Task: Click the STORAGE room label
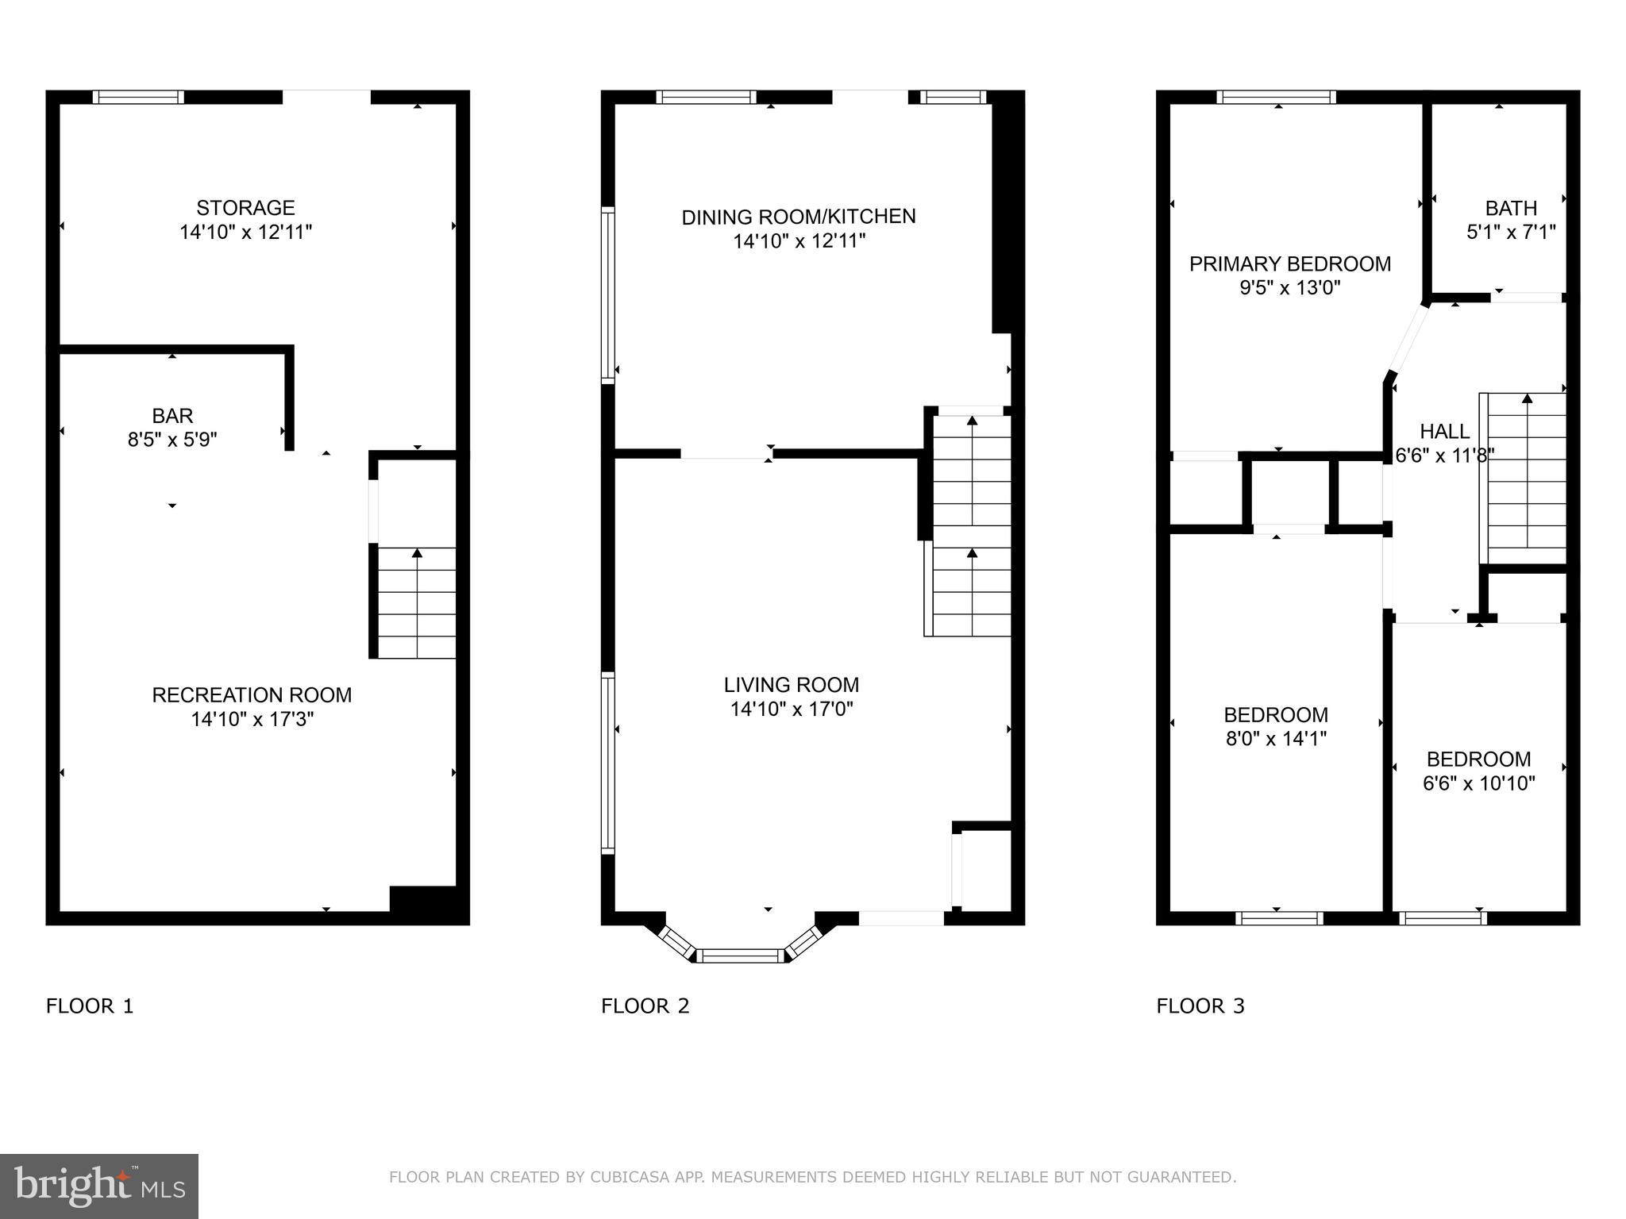[x=245, y=208]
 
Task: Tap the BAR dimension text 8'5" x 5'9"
[x=172, y=440]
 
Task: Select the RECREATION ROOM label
[x=252, y=695]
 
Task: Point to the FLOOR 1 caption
[x=90, y=1006]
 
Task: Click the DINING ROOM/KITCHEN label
[x=799, y=217]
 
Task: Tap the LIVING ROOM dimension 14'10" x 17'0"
[x=792, y=709]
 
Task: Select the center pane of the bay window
[x=741, y=956]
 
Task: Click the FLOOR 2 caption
[x=645, y=1006]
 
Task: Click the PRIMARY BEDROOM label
[x=1289, y=264]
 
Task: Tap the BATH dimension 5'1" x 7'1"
[x=1510, y=233]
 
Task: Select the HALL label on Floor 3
[x=1444, y=432]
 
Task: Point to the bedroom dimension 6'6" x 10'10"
[x=1478, y=784]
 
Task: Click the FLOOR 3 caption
[x=1200, y=1006]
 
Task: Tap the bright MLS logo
[x=99, y=1186]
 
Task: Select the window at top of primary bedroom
[x=1277, y=98]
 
